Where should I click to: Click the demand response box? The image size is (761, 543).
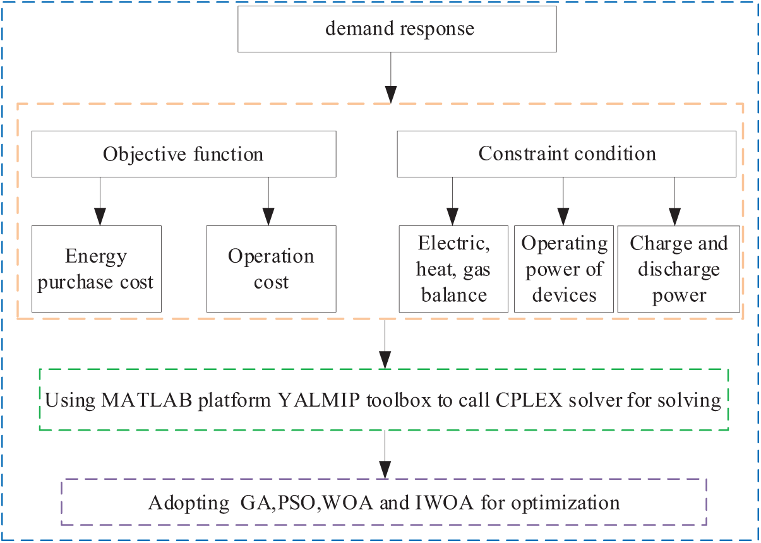pyautogui.click(x=397, y=29)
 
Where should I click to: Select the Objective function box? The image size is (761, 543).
pyautogui.click(x=183, y=154)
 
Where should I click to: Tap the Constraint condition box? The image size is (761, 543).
pyautogui.click(x=566, y=154)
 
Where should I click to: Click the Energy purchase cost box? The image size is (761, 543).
pyautogui.click(x=96, y=269)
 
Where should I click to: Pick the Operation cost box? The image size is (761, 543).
pyautogui.click(x=271, y=269)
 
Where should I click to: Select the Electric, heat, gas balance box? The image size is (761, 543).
pyautogui.click(x=453, y=269)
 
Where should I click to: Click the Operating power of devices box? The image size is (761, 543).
pyautogui.click(x=564, y=269)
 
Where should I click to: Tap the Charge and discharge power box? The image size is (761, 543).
pyautogui.click(x=678, y=269)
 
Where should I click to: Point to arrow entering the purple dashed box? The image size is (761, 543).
pyautogui.click(x=385, y=456)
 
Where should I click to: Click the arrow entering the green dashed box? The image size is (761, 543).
pyautogui.click(x=385, y=344)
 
